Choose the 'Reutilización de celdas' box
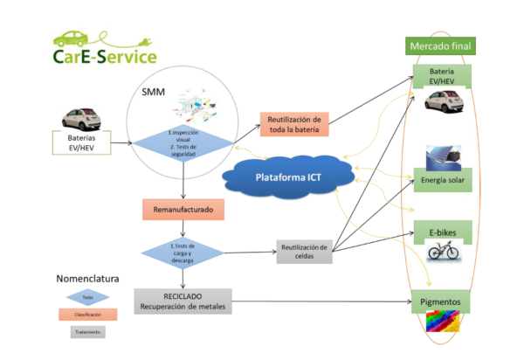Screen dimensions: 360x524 [303, 252]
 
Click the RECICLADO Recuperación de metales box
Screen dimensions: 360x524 [183, 300]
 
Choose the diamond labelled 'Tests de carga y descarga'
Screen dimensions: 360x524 [183, 252]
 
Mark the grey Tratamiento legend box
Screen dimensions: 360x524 [88, 332]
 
